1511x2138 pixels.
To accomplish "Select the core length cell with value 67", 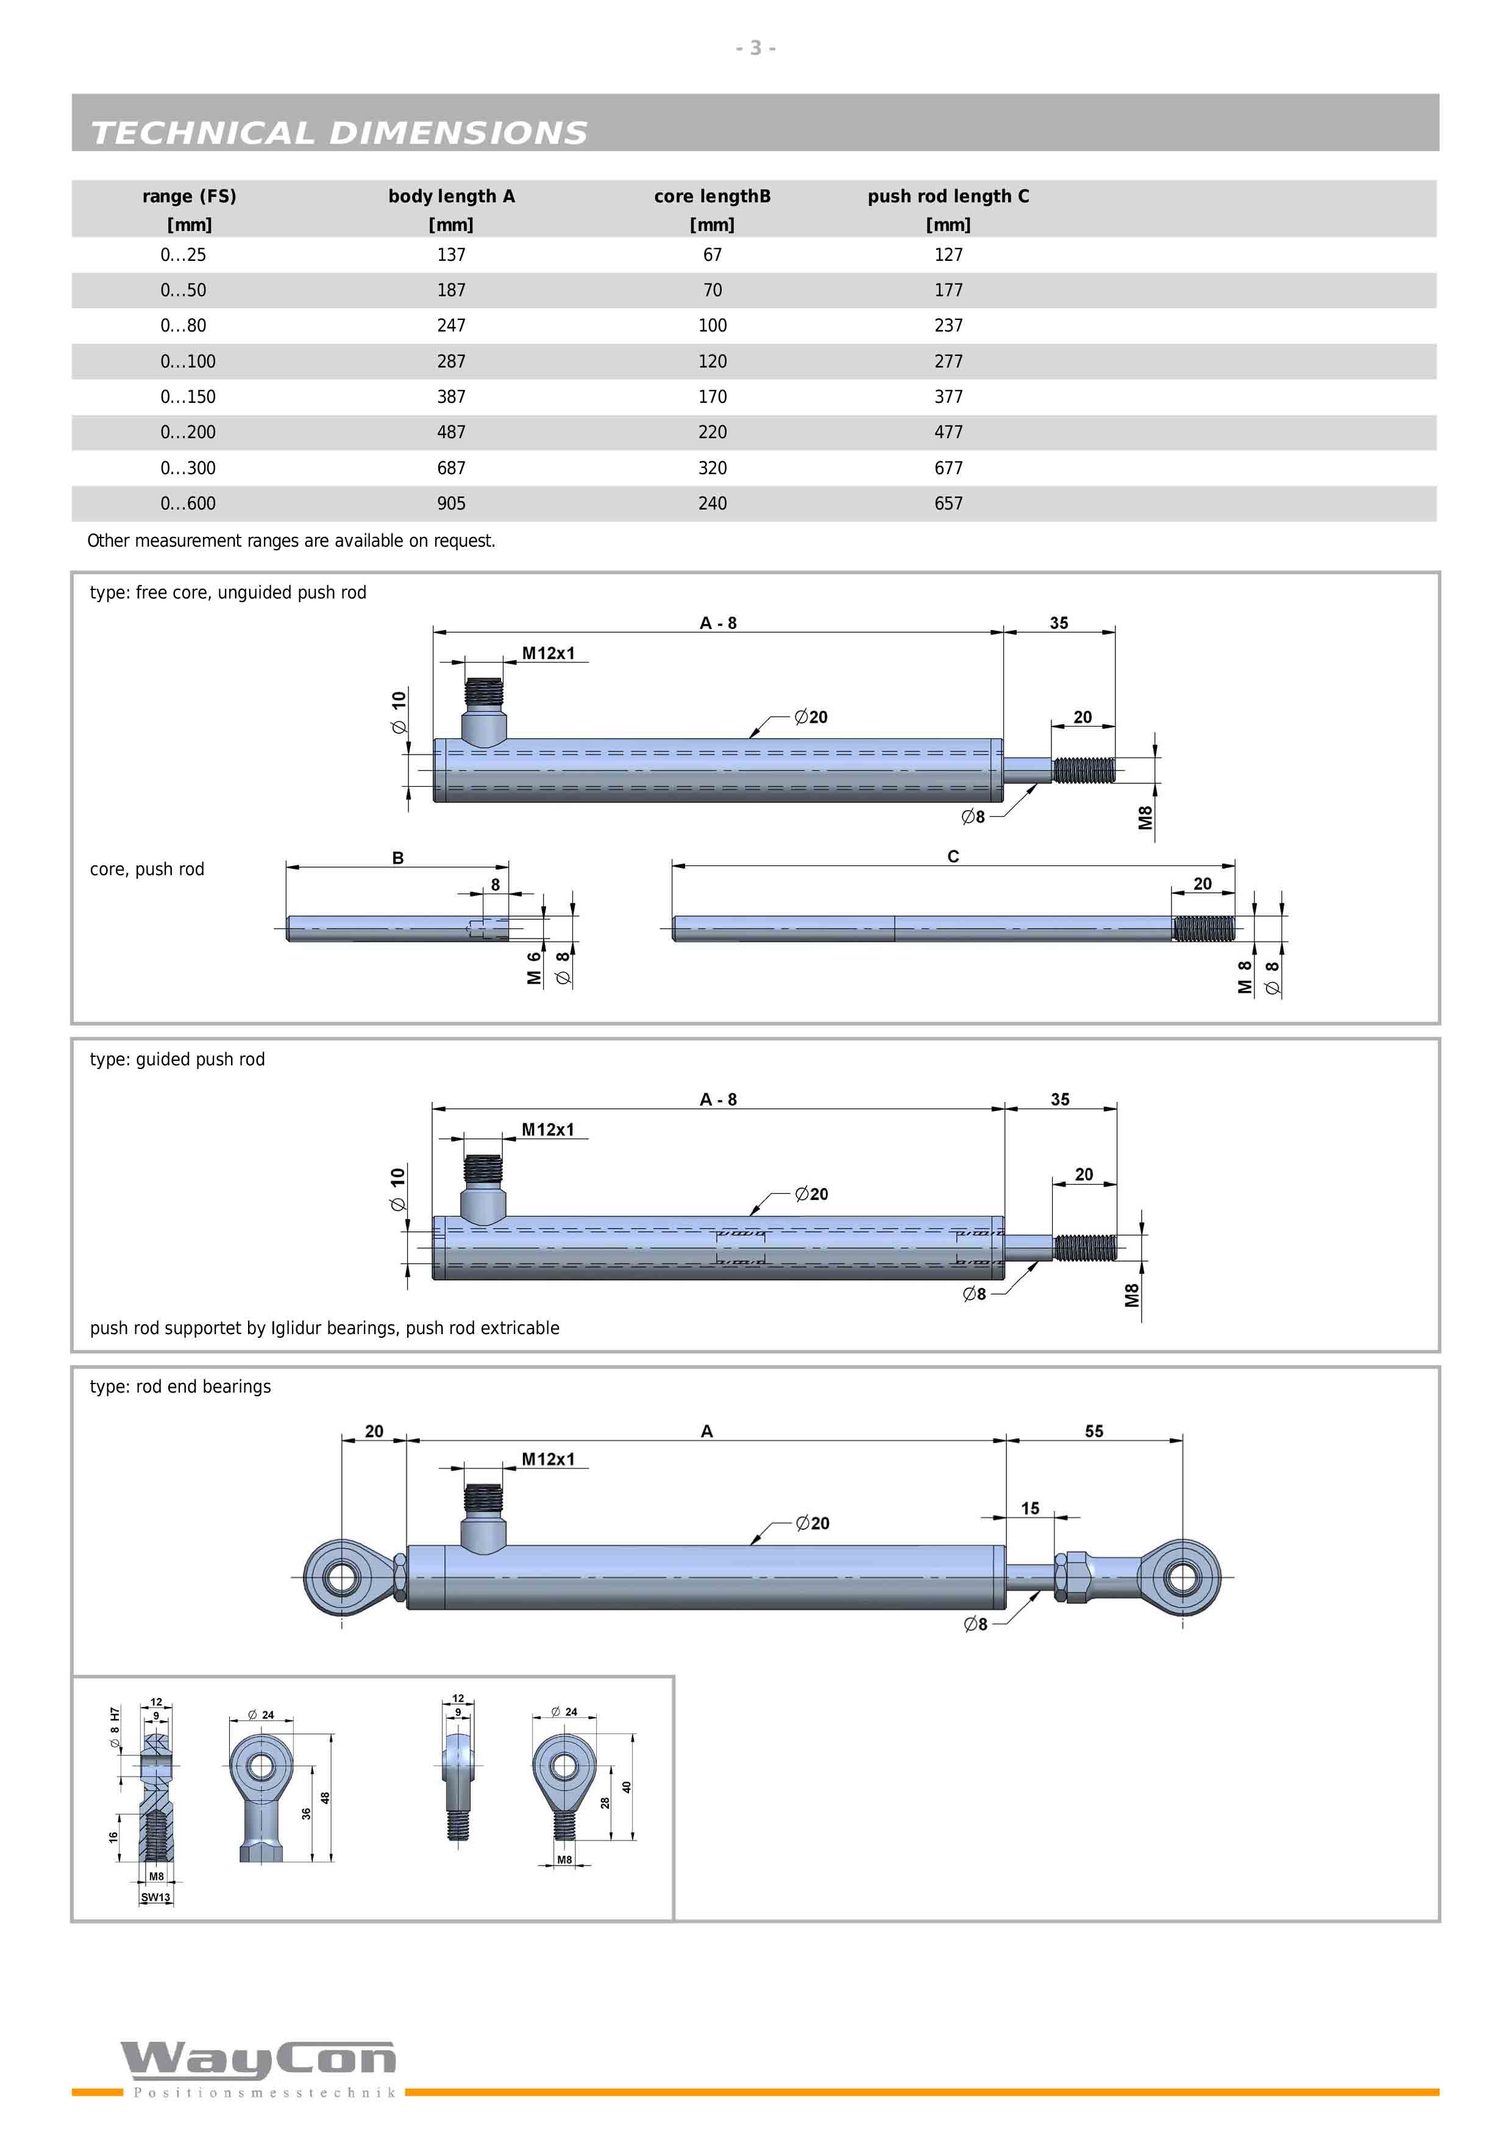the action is point(712,254).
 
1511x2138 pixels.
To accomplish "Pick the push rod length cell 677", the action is point(948,467).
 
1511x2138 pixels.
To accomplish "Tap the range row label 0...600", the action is point(188,503).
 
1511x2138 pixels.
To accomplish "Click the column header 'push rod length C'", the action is point(948,196).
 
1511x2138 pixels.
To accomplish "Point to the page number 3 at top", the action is point(756,48).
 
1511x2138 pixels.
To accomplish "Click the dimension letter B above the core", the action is point(397,858).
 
